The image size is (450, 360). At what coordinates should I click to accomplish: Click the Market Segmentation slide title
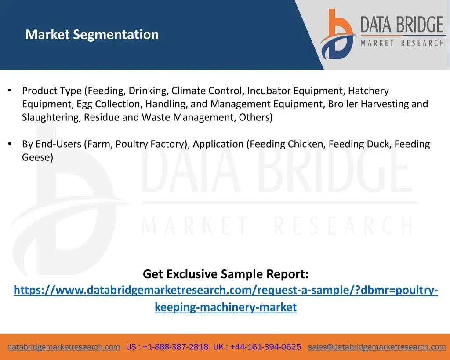[x=92, y=34]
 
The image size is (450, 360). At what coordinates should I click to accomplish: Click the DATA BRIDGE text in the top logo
[x=402, y=25]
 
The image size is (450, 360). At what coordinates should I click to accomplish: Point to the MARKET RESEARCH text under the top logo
[x=402, y=44]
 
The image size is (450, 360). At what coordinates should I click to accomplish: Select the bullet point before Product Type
[x=10, y=91]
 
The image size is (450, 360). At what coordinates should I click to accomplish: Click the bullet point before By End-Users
[x=10, y=144]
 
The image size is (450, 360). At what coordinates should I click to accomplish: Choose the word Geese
[x=36, y=157]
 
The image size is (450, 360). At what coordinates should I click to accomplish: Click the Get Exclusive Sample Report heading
[x=225, y=274]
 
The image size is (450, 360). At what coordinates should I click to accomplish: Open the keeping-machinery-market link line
[x=225, y=307]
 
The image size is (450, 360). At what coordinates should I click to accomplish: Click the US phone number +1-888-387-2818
[x=175, y=347]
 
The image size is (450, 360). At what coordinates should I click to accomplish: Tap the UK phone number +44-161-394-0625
[x=265, y=347]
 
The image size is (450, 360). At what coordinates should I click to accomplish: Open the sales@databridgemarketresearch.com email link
[x=377, y=347]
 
